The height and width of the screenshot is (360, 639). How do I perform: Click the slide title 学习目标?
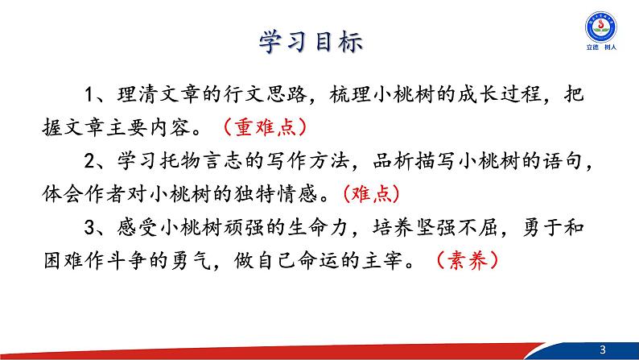point(319,42)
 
